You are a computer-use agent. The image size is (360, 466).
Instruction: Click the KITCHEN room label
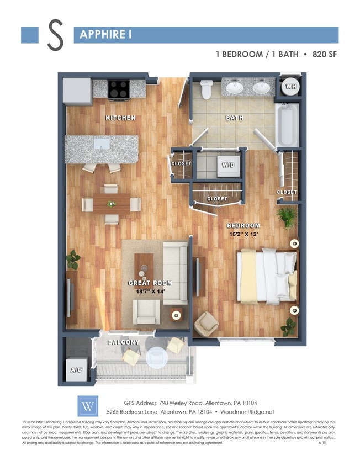(x=120, y=118)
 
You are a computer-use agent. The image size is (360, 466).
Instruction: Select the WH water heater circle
(x=289, y=86)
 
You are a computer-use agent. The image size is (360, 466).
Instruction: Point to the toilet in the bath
(x=207, y=89)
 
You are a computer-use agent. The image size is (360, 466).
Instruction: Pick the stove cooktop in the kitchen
(x=118, y=88)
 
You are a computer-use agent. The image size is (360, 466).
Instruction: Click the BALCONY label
(x=123, y=342)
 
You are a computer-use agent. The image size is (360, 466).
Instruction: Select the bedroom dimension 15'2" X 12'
(x=244, y=234)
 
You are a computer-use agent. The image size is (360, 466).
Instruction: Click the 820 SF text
(x=322, y=55)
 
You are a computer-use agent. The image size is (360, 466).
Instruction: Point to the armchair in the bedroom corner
(x=207, y=324)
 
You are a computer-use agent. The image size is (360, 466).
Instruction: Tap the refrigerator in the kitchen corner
(x=77, y=91)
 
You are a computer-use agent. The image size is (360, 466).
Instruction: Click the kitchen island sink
(x=101, y=145)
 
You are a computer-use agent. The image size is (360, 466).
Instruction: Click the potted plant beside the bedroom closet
(x=287, y=216)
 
